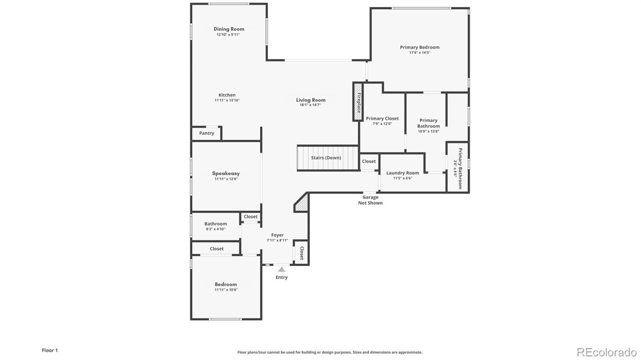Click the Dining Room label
pos(229,29)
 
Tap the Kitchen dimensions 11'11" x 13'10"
pos(227,101)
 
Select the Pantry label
pos(207,133)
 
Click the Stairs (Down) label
pos(326,158)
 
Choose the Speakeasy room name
pos(226,173)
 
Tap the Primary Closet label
pos(382,119)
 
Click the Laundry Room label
pos(403,173)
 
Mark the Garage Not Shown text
pos(370,200)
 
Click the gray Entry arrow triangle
pos(282,269)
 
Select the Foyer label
pos(277,235)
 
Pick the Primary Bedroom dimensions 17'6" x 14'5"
pos(419,52)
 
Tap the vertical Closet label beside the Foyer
pos(302,253)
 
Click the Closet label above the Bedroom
pos(217,249)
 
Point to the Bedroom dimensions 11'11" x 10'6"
pos(226,290)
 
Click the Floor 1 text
pos(50,350)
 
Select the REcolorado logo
pos(606,352)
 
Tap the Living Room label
pos(310,100)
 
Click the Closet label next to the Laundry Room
pos(369,161)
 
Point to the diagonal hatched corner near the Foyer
pos(302,203)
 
